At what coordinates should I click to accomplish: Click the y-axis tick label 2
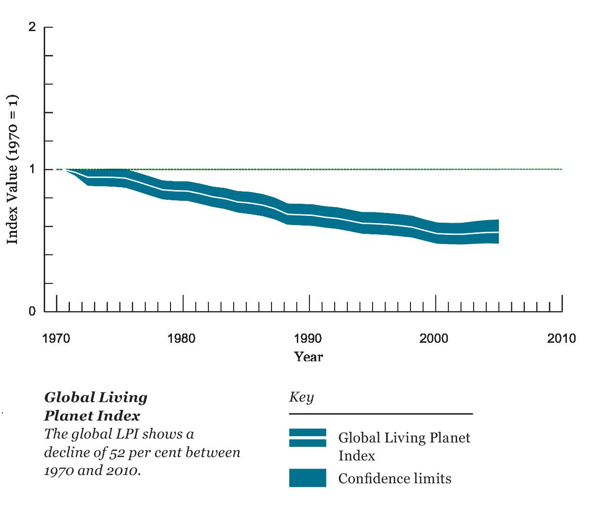click(x=32, y=27)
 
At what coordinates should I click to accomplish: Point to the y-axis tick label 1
click(x=33, y=169)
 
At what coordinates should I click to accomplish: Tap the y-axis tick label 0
click(x=32, y=311)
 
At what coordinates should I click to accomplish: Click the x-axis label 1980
click(x=182, y=338)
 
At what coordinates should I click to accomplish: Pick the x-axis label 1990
click(x=308, y=338)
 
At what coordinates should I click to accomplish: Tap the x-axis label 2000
click(x=434, y=338)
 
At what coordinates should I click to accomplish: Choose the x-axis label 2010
click(x=561, y=338)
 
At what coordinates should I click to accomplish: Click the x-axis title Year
click(x=308, y=357)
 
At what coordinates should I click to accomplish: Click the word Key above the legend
click(x=302, y=397)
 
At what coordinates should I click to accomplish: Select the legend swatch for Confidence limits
click(x=307, y=478)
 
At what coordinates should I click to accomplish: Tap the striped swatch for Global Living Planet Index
click(x=307, y=438)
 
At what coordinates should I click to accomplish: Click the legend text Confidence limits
click(x=394, y=479)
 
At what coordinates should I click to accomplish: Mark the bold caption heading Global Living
click(x=96, y=397)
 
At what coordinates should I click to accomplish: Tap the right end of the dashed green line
click(x=561, y=169)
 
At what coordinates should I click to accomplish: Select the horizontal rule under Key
click(x=381, y=414)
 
